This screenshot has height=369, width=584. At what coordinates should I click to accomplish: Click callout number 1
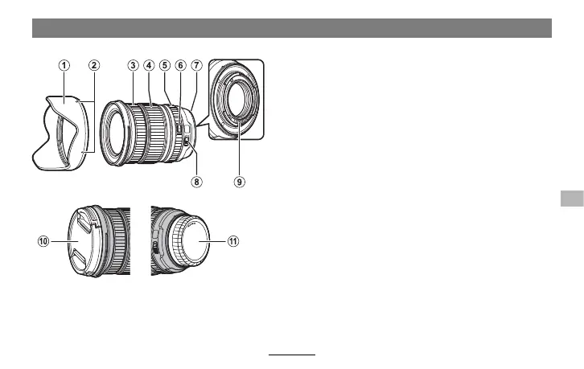pyautogui.click(x=64, y=66)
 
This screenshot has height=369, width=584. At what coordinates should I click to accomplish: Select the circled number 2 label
pyautogui.click(x=94, y=66)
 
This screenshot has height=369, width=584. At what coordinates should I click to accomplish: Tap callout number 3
pyautogui.click(x=133, y=66)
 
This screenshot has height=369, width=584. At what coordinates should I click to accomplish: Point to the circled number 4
pyautogui.click(x=149, y=66)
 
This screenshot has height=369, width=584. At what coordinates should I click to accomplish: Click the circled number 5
pyautogui.click(x=165, y=66)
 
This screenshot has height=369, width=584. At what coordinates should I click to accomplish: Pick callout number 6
pyautogui.click(x=181, y=66)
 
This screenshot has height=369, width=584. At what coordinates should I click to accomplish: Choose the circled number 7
pyautogui.click(x=196, y=66)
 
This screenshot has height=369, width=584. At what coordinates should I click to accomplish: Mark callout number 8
pyautogui.click(x=196, y=182)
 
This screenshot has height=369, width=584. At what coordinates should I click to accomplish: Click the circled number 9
pyautogui.click(x=240, y=182)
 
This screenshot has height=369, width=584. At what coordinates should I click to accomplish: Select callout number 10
pyautogui.click(x=43, y=241)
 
